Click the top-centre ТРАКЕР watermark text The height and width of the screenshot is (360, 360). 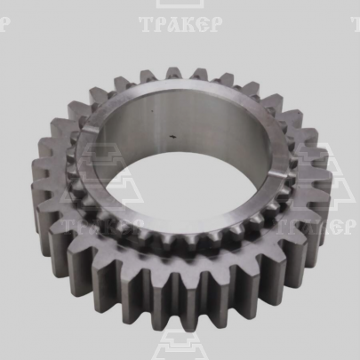(x=180, y=24)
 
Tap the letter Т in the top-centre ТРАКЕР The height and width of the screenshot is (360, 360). (x=147, y=24)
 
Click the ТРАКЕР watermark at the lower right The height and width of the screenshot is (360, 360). (x=316, y=227)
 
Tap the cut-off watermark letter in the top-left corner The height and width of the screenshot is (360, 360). (x=5, y=24)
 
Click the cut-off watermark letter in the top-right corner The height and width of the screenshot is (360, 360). (x=356, y=24)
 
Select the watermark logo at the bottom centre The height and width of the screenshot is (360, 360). (x=180, y=345)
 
